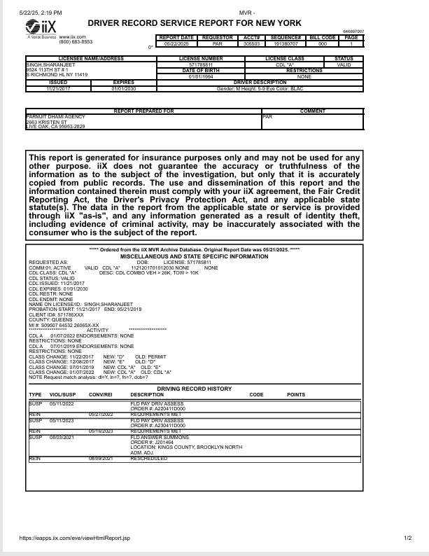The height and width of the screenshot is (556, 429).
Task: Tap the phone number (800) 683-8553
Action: click(76, 42)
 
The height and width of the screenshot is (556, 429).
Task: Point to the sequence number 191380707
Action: click(286, 43)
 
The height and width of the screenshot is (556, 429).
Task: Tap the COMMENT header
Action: click(312, 111)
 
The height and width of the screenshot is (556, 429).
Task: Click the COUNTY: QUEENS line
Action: click(49, 320)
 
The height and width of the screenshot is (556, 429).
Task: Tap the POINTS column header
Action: click(296, 395)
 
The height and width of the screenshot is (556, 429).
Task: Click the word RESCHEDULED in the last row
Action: click(149, 458)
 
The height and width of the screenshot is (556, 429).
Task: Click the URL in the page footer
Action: click(75, 538)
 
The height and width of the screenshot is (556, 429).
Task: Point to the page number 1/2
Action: click(408, 538)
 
